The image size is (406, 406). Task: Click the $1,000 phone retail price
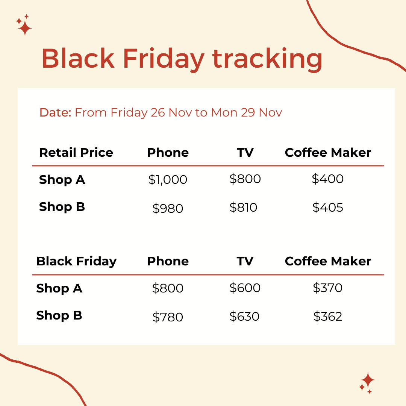[x=168, y=180]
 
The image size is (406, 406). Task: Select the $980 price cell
[x=168, y=208]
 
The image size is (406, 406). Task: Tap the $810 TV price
[x=243, y=207]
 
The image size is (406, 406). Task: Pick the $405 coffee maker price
[x=328, y=207]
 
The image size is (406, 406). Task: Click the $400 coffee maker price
[x=328, y=179]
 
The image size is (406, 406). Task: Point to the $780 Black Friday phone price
[x=168, y=317]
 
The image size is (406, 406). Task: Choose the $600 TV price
[x=245, y=288]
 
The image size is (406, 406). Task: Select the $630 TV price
[x=244, y=316]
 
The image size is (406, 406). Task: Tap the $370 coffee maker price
[x=328, y=288]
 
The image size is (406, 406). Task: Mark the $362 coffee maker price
[x=328, y=316]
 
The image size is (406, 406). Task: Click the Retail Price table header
[x=76, y=153]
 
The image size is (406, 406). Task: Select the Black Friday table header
[x=76, y=261]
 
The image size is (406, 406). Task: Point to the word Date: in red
[x=55, y=112]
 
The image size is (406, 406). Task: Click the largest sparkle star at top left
[x=25, y=28]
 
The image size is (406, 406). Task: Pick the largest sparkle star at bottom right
[x=368, y=380]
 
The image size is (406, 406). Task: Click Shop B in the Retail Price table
[x=62, y=207]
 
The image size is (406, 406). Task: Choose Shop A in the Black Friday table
[x=59, y=288]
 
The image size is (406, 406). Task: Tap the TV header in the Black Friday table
[x=245, y=261]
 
